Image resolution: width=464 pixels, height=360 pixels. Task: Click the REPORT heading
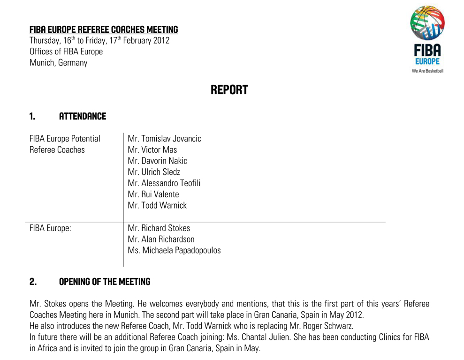tap(229, 90)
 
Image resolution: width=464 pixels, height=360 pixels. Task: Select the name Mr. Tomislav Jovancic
tap(164, 139)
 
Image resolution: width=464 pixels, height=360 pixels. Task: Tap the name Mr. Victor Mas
tap(152, 150)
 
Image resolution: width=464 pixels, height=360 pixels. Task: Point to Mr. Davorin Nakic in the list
tap(157, 161)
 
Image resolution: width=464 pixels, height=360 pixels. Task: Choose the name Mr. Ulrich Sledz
tap(154, 172)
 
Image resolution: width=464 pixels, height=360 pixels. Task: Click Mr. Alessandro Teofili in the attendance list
tap(164, 183)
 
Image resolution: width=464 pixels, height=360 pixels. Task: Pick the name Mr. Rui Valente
tap(153, 194)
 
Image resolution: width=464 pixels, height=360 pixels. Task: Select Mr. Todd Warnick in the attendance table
tap(157, 205)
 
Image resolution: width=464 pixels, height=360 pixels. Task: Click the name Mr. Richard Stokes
tap(159, 228)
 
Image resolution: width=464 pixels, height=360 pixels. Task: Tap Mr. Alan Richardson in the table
tap(161, 240)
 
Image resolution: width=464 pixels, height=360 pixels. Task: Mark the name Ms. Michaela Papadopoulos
tap(174, 251)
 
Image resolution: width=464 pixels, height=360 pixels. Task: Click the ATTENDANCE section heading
tap(82, 116)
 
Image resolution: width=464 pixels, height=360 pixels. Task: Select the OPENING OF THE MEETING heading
tap(105, 282)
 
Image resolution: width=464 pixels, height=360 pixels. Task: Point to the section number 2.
tap(33, 282)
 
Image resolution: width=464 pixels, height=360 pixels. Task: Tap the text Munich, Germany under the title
tap(58, 63)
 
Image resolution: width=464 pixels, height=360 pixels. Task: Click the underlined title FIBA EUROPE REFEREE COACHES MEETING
tap(104, 30)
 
